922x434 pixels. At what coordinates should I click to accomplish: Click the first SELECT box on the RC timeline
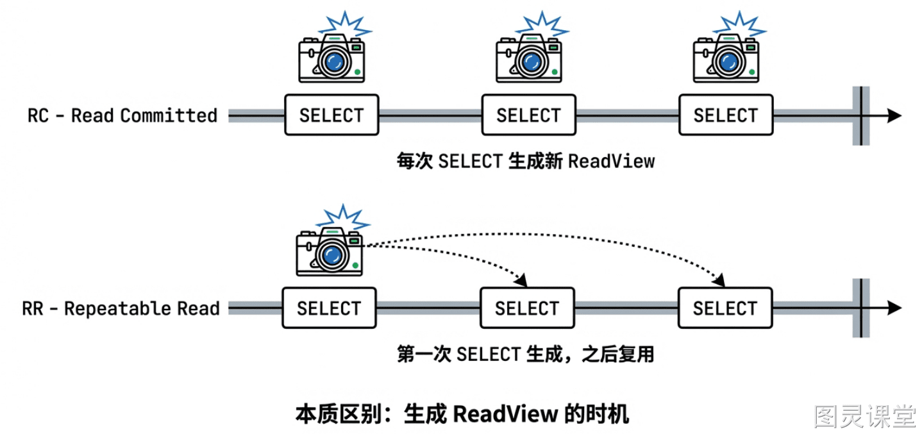(331, 115)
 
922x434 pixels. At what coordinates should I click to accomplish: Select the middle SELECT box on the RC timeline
(528, 115)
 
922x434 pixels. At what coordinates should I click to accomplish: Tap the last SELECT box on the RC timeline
(726, 115)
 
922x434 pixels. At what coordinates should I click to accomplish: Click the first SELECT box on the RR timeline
(330, 308)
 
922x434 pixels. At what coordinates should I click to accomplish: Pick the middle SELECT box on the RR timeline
(527, 308)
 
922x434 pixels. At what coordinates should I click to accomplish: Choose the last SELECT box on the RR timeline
(725, 308)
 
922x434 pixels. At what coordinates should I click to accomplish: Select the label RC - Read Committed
(122, 115)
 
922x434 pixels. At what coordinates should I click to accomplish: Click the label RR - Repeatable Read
(121, 308)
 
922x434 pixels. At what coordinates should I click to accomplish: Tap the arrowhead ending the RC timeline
(894, 115)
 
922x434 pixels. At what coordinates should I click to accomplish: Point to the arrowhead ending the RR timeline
(894, 308)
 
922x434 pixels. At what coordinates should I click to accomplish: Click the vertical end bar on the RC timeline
(860, 115)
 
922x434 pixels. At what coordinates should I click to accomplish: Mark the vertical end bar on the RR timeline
(860, 308)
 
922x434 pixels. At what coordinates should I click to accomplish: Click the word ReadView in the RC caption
(611, 161)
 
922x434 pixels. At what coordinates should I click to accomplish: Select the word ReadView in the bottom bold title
(505, 414)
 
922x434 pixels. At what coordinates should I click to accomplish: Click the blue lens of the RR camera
(331, 255)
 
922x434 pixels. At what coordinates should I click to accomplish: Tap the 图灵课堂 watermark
(866, 416)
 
